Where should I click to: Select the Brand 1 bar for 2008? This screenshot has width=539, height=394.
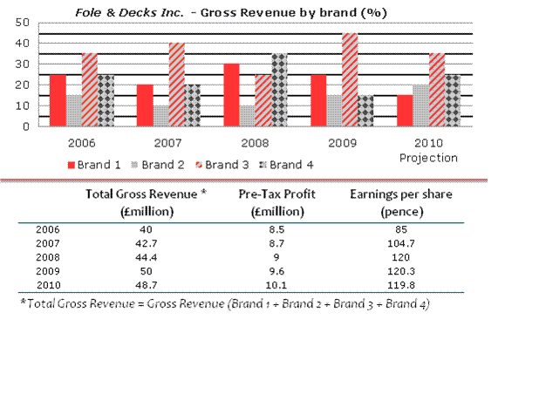click(232, 95)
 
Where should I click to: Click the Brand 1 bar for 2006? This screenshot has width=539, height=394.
click(58, 100)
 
